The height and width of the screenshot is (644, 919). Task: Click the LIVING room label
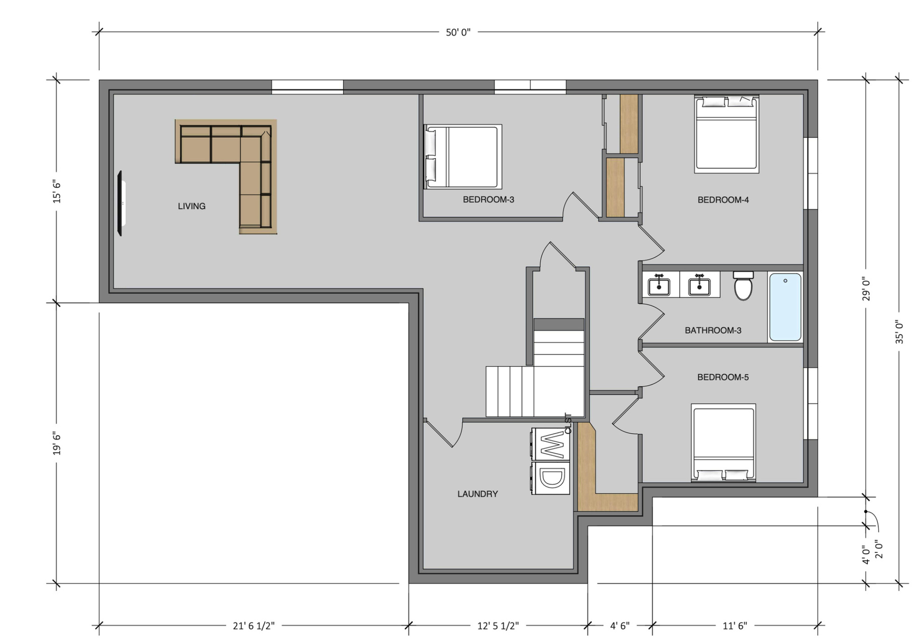click(192, 206)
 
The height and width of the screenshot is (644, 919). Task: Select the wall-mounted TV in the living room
click(121, 203)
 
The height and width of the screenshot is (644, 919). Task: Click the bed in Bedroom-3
click(462, 156)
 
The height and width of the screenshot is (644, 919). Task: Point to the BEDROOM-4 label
click(723, 200)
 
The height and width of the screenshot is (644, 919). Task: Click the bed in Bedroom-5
click(723, 442)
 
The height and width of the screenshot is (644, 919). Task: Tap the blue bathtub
click(785, 307)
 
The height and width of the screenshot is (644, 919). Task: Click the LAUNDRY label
click(477, 494)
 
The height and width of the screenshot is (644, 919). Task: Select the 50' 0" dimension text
click(458, 32)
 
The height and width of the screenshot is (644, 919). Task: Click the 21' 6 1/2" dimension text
click(254, 626)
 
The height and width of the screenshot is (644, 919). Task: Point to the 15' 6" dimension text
click(57, 192)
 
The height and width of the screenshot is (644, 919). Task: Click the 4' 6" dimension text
click(620, 626)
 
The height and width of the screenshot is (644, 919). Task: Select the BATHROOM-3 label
click(713, 331)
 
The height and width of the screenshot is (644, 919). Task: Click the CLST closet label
click(569, 423)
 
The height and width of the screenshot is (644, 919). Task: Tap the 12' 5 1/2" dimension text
click(498, 626)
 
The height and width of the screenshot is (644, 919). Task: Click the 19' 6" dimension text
click(57, 443)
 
